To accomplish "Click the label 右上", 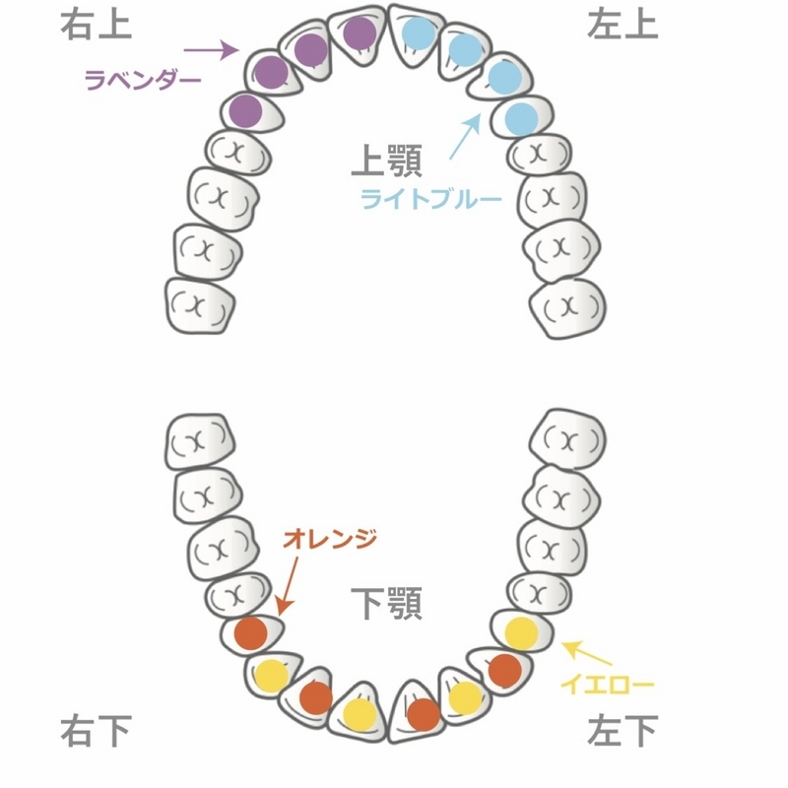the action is (x=96, y=25).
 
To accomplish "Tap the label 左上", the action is (x=623, y=25).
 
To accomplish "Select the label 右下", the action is (x=96, y=730).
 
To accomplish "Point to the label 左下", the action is (x=623, y=730).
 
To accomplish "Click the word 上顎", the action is (x=386, y=161).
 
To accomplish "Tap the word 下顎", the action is (x=386, y=603).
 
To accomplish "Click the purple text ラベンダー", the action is (x=143, y=80).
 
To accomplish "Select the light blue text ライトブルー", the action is (x=431, y=199).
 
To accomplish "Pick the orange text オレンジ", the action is (x=330, y=539).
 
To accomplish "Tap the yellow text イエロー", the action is (x=607, y=684).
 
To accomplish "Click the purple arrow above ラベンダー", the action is (x=211, y=50).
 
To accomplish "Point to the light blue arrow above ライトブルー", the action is (x=465, y=136).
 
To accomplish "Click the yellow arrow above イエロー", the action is (x=586, y=652).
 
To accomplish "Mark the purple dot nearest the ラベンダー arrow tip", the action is (x=271, y=72).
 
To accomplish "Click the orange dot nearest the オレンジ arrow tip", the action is (x=251, y=633).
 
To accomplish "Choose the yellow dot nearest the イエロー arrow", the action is (x=522, y=633).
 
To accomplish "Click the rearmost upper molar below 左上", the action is (x=568, y=307).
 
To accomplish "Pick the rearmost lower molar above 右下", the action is (x=200, y=441).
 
